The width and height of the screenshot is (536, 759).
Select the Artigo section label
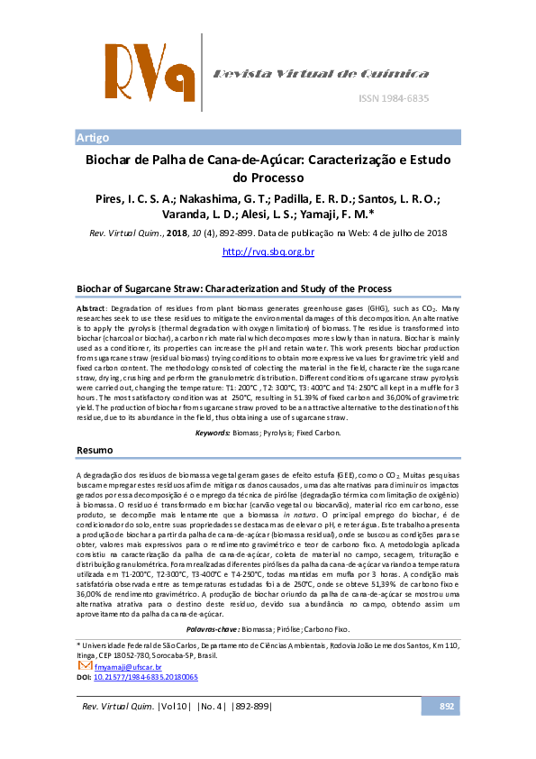point(93,138)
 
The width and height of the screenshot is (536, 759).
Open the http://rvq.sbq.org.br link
point(268,251)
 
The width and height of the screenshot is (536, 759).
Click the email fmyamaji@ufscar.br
point(133,666)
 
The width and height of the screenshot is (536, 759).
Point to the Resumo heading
point(95,449)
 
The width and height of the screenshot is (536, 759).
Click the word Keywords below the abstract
point(214,433)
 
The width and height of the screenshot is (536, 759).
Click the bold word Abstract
point(90,307)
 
